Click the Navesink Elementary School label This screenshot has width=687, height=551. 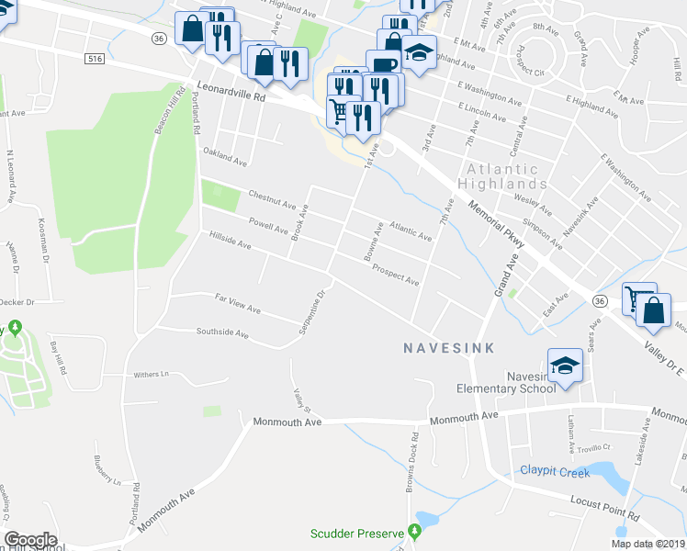507,382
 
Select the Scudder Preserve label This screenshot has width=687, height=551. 357,534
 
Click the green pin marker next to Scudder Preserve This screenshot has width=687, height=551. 414,531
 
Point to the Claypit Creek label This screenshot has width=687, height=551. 554,471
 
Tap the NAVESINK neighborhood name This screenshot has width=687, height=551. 449,348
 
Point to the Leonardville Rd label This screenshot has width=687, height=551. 231,92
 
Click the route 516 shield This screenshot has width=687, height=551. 95,59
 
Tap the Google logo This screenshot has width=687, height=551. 31,540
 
